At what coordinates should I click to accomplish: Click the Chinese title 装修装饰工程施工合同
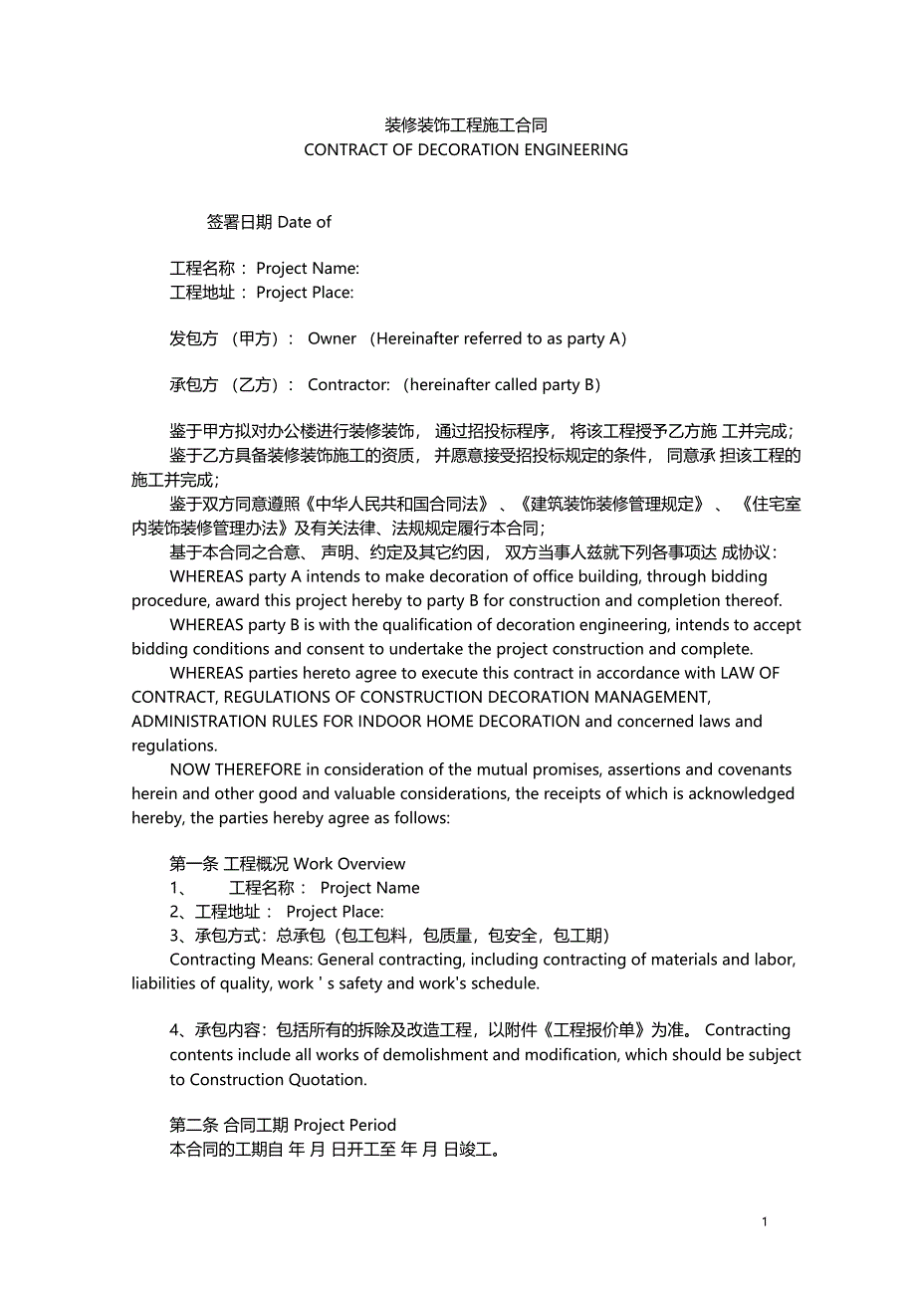466,125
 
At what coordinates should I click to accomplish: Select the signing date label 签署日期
239,222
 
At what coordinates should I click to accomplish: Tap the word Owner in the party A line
332,338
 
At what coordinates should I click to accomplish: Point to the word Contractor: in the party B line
348,385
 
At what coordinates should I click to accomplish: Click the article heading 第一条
193,864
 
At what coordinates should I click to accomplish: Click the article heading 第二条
193,1126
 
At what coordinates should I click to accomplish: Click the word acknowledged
742,794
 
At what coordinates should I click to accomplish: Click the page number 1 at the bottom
765,1222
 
